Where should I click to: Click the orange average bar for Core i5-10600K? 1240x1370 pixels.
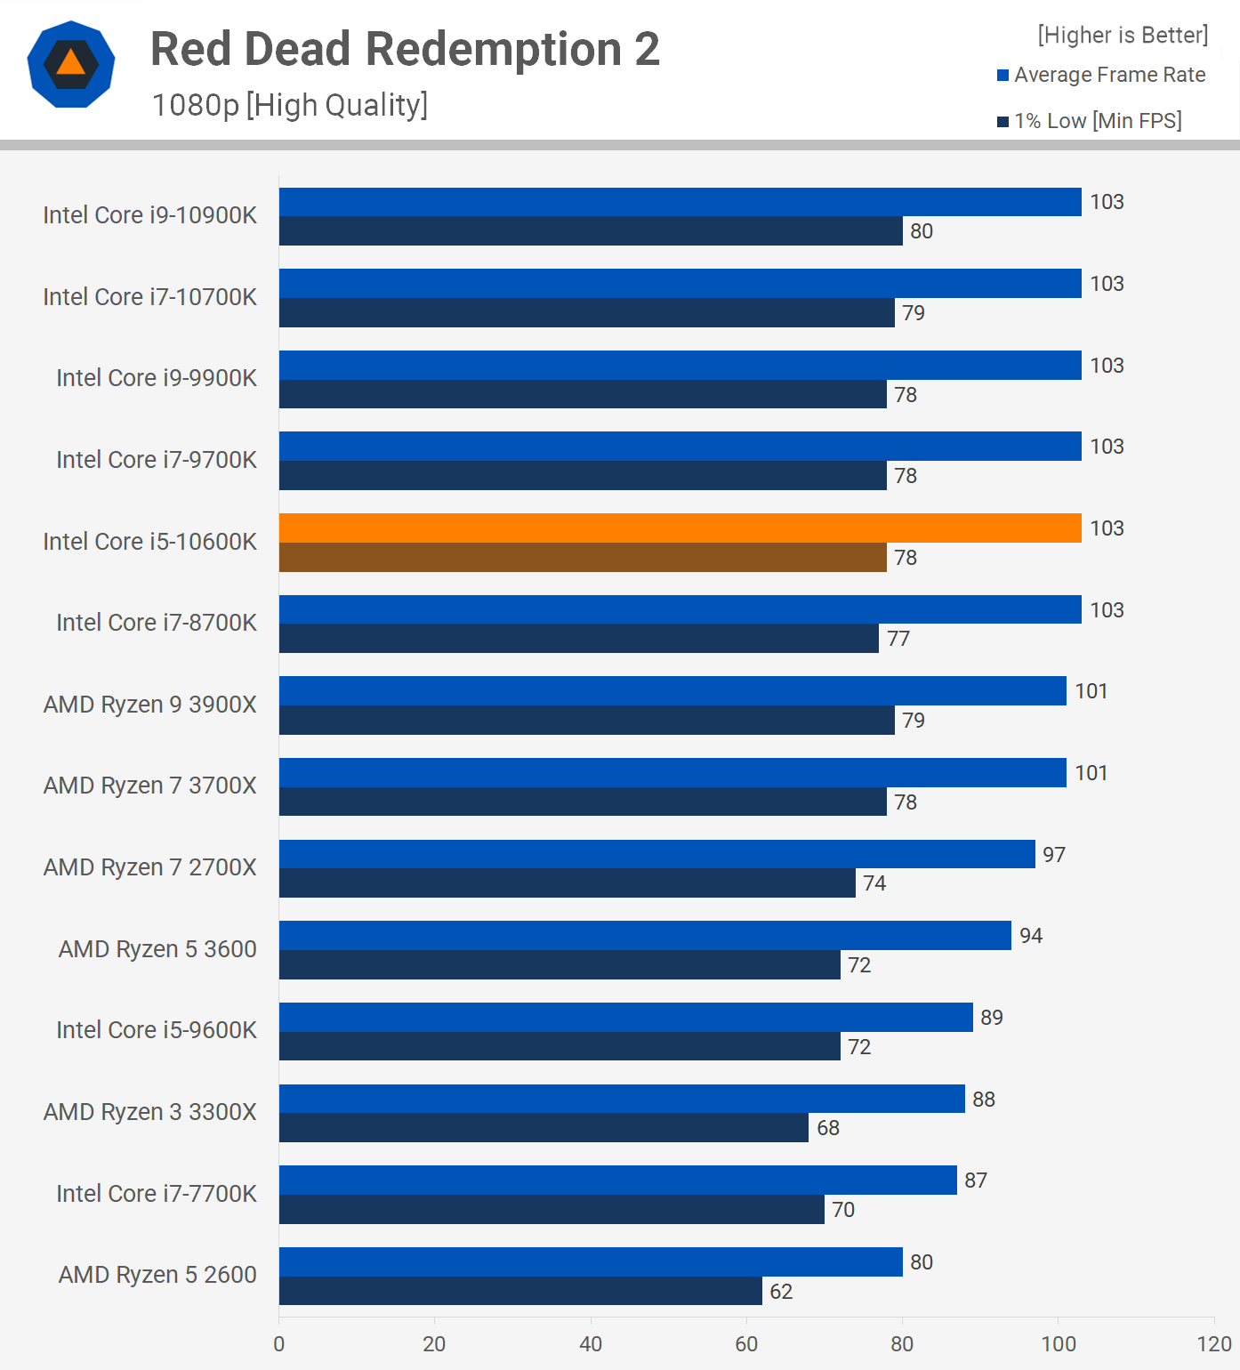point(680,528)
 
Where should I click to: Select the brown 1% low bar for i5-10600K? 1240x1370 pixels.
point(583,558)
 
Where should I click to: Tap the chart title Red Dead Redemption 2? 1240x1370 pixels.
point(405,50)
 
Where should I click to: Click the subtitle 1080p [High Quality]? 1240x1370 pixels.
point(290,105)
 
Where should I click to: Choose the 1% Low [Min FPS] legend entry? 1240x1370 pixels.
point(1090,121)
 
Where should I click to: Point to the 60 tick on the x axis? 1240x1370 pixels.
point(746,1343)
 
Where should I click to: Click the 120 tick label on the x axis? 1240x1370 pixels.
point(1214,1343)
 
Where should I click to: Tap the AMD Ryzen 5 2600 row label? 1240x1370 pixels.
point(157,1275)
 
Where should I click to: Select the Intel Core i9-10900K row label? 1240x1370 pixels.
point(149,215)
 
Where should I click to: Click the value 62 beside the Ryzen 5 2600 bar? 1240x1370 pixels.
point(781,1292)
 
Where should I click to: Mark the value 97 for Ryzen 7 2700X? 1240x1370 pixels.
point(1054,855)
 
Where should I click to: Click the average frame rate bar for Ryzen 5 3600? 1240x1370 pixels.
point(645,936)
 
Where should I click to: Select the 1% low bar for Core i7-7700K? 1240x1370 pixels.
point(552,1210)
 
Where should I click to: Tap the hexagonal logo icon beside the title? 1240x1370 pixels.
point(71,64)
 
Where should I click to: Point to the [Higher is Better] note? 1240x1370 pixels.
point(1123,36)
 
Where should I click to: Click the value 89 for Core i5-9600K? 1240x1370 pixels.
point(992,1018)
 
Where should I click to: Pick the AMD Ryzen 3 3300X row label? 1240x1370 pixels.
point(149,1112)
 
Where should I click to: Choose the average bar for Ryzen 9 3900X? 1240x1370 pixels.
point(672,691)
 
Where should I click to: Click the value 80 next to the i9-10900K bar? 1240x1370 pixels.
point(922,232)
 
